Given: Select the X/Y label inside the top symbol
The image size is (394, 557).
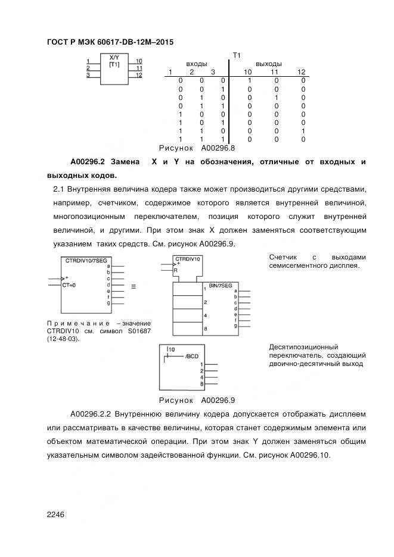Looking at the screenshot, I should [x=114, y=58].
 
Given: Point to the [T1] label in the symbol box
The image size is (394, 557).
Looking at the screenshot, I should [x=114, y=64].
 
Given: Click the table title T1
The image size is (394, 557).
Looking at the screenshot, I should [x=236, y=55].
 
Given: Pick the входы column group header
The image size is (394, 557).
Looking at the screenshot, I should [x=197, y=64].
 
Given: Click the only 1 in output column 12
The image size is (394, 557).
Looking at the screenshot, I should [x=303, y=130].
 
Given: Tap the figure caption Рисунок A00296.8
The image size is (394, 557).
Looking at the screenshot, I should [x=197, y=148].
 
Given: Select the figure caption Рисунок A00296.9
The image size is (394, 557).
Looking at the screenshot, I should [x=197, y=400].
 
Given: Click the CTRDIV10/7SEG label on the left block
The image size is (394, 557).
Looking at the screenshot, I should [x=83, y=261].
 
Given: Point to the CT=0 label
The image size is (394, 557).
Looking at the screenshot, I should [x=69, y=285].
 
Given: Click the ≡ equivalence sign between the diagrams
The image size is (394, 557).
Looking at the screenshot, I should [x=133, y=286].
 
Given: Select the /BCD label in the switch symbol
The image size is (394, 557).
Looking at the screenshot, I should [x=191, y=356].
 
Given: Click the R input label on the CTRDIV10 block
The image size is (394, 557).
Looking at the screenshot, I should [x=176, y=270].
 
